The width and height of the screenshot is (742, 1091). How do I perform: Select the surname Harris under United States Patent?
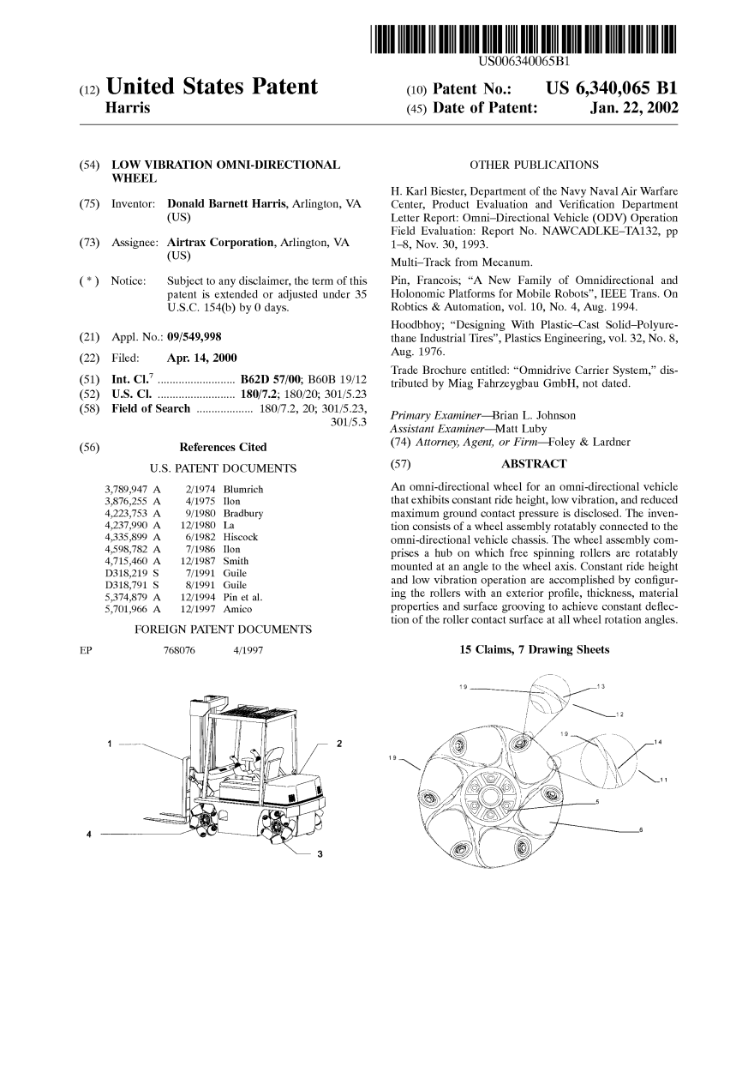point(127,109)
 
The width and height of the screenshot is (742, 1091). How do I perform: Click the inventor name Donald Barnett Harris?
point(227,204)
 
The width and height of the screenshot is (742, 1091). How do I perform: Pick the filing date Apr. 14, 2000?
point(202,358)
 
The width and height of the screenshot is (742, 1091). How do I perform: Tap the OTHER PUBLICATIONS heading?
point(535,165)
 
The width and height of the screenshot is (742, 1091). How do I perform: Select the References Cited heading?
point(223,447)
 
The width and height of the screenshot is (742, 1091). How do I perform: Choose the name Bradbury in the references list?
point(242,513)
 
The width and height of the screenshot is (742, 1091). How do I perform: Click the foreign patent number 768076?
point(180,651)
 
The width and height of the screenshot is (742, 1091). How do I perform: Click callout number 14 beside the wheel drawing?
point(657,742)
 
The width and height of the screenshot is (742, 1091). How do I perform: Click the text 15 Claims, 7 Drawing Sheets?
point(535,649)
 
